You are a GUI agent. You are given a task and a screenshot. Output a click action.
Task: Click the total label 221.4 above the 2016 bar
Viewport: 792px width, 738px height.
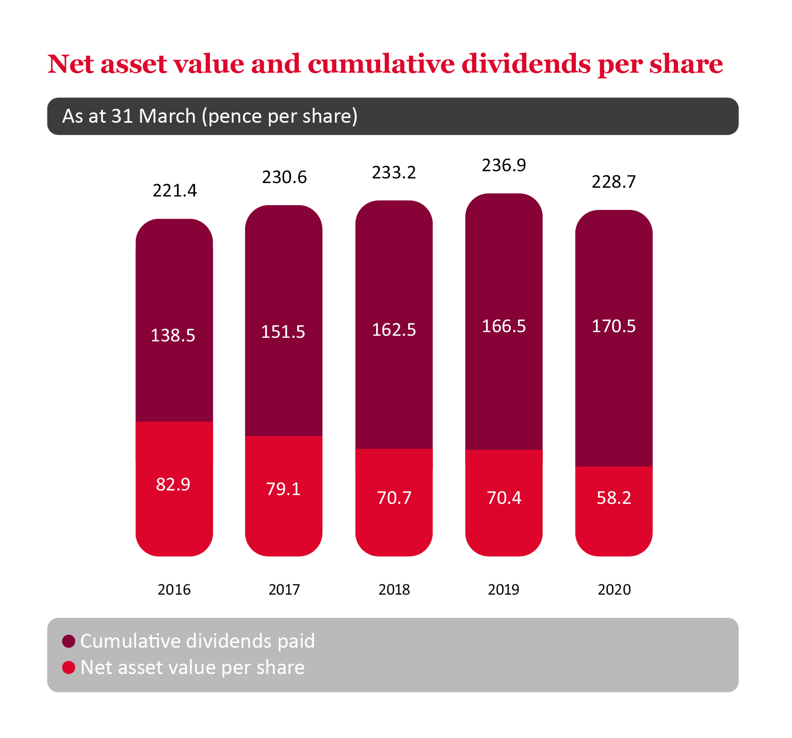pos(174,191)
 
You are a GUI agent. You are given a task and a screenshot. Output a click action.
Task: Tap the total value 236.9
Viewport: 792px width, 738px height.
pos(504,166)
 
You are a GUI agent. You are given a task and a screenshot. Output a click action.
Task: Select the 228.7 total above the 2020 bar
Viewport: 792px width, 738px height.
pos(613,182)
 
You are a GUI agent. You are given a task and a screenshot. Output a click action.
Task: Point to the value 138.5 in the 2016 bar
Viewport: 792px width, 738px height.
pos(173,336)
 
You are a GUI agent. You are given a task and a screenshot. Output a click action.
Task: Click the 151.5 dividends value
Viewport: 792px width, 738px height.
pos(283,332)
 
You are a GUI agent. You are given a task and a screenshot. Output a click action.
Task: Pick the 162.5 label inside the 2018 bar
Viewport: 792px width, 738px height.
pos(394,330)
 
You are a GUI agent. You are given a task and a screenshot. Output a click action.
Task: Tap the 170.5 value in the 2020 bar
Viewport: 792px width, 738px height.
pos(613,326)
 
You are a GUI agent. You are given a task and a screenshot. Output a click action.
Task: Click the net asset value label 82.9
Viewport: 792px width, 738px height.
pos(173,485)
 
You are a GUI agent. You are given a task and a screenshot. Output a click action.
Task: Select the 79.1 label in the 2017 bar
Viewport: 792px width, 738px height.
pos(283,489)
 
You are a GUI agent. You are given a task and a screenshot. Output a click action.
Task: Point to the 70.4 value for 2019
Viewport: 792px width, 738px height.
pos(504,498)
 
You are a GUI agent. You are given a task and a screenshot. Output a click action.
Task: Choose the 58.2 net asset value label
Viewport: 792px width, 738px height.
pos(613,498)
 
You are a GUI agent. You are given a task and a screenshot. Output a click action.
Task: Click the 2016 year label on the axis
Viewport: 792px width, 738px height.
pos(174,589)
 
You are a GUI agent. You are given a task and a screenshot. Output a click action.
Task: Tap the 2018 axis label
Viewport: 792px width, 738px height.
pos(394,589)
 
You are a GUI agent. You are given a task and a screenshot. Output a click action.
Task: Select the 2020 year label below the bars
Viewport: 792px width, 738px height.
pos(614,589)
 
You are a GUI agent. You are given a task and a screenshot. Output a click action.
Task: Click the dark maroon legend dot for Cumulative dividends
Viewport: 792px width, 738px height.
pos(69,641)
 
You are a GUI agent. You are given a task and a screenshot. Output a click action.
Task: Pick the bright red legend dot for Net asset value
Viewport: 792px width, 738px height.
pos(69,667)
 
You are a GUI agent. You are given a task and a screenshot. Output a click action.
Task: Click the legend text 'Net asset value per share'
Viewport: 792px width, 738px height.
pos(192,667)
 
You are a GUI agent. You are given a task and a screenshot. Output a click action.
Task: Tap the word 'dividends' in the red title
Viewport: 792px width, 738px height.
pos(525,64)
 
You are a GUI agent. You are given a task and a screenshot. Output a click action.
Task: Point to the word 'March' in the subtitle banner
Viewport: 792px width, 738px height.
pos(167,116)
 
